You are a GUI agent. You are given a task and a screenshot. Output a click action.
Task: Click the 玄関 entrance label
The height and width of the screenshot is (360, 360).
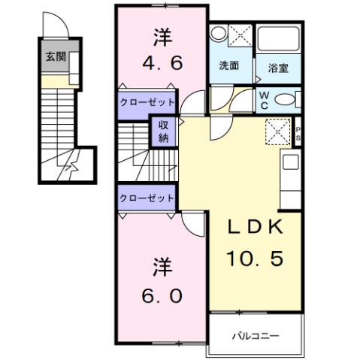point(54,56)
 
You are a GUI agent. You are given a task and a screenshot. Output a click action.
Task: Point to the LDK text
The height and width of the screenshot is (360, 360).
point(256,228)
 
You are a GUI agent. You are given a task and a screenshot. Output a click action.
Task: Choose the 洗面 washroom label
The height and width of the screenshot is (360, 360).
point(229,65)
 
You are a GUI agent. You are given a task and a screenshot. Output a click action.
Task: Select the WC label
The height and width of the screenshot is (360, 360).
point(265,99)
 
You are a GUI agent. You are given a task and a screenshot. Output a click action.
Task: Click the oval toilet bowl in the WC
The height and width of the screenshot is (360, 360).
point(285,99)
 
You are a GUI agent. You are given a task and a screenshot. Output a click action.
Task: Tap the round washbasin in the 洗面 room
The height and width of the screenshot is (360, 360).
point(219,33)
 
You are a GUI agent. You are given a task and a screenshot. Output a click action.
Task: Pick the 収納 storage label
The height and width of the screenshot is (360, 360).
point(163,132)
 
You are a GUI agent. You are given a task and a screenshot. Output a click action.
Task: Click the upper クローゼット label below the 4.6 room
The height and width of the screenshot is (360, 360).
point(147,101)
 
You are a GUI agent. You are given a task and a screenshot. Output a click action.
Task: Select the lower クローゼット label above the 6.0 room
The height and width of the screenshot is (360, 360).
point(147,198)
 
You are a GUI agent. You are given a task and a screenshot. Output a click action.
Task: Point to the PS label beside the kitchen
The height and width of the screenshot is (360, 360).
point(298,133)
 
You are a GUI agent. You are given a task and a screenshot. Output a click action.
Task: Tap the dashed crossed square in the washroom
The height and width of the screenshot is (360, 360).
point(241,35)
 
